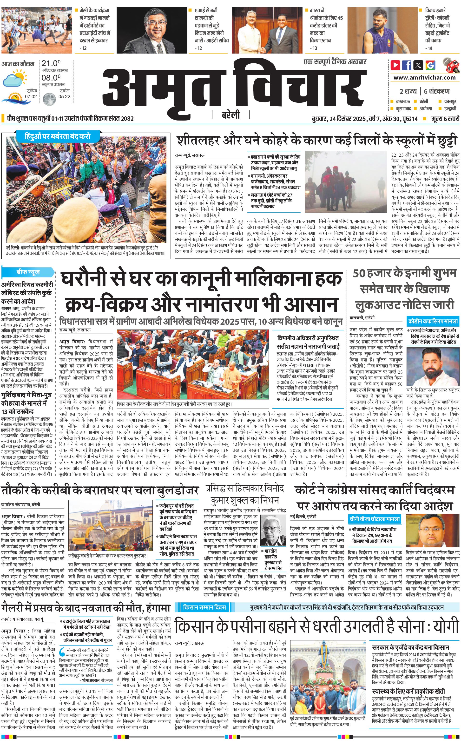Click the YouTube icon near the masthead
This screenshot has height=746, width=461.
point(395,65)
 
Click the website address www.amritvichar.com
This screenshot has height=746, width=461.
point(424,78)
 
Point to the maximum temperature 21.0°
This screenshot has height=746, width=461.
point(51,63)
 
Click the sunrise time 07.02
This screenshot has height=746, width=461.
point(31,96)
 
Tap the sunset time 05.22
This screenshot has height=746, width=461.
point(64,96)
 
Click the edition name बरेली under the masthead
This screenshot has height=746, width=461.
point(230,115)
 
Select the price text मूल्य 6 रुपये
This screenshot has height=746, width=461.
point(445,119)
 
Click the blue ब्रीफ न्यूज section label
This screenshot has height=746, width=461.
point(28,272)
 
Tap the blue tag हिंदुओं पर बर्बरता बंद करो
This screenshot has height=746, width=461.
point(58,136)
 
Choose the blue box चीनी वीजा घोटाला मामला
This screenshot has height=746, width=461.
point(375,519)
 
